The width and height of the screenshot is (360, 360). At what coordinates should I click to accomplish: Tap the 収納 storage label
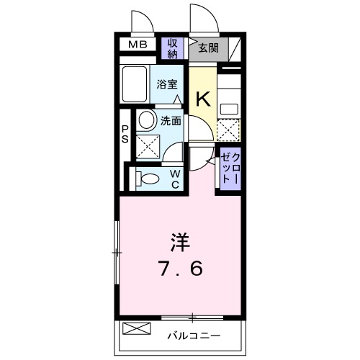click(x=173, y=49)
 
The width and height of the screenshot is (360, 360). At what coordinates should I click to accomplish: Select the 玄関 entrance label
click(x=208, y=49)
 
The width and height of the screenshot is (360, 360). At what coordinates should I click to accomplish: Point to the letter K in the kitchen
click(x=204, y=99)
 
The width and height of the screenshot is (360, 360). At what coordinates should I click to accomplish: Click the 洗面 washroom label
click(x=171, y=121)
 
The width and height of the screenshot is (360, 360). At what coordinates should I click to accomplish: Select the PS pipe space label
click(x=125, y=133)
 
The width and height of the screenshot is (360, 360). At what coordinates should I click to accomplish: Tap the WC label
click(x=175, y=179)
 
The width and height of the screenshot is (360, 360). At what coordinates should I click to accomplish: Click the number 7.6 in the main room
click(x=180, y=269)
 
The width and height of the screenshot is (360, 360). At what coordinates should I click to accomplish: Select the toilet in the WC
click(x=149, y=178)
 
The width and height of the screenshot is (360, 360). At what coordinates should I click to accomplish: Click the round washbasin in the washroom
click(x=147, y=119)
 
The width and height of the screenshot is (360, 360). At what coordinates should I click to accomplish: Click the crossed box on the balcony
click(x=137, y=330)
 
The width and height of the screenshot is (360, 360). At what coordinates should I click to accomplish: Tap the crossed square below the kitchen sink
click(x=229, y=131)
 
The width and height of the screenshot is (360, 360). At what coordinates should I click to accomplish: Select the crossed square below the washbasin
click(x=148, y=146)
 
